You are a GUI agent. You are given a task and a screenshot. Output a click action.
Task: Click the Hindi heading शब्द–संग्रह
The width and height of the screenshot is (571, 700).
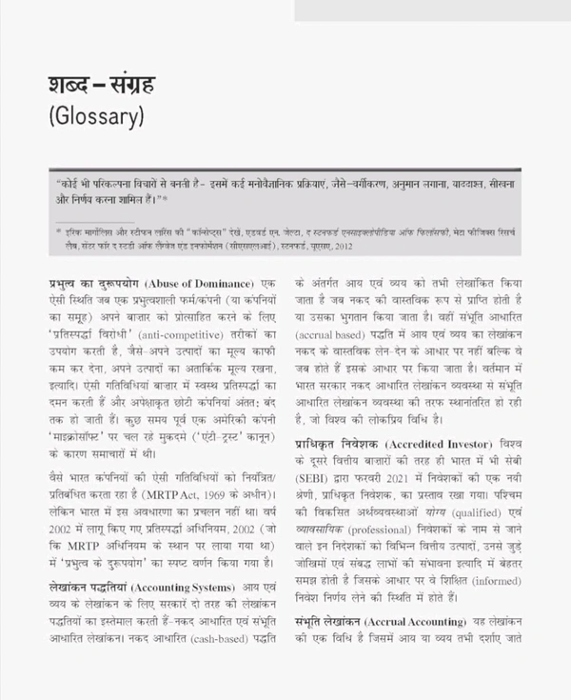click(x=101, y=85)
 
